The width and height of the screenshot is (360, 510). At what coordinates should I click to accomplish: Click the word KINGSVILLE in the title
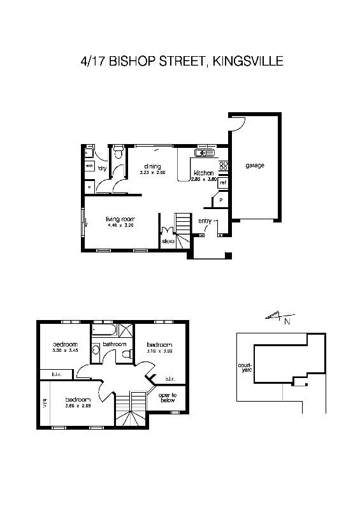coord(246,61)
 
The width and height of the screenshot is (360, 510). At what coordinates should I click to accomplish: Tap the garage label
coord(254,166)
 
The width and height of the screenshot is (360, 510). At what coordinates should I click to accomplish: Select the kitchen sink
coord(205,152)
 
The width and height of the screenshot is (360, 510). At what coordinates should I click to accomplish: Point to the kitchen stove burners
coord(223,166)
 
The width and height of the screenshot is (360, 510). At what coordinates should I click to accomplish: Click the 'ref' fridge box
coord(222,183)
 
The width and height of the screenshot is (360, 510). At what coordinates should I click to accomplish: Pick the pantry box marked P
coord(220,200)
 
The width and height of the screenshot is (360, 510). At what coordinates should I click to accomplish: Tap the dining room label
coord(152,166)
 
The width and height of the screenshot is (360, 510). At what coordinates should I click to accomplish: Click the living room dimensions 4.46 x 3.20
coord(120,226)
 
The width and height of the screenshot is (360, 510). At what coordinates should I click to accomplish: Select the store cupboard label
coord(168,242)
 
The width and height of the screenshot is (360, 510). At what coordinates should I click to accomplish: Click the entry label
coord(205,221)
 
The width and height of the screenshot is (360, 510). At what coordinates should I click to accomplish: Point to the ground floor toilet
coord(117,154)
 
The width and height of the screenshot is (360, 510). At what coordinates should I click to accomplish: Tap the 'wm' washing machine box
coord(89,166)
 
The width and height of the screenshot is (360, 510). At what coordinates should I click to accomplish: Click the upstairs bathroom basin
coord(96,348)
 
